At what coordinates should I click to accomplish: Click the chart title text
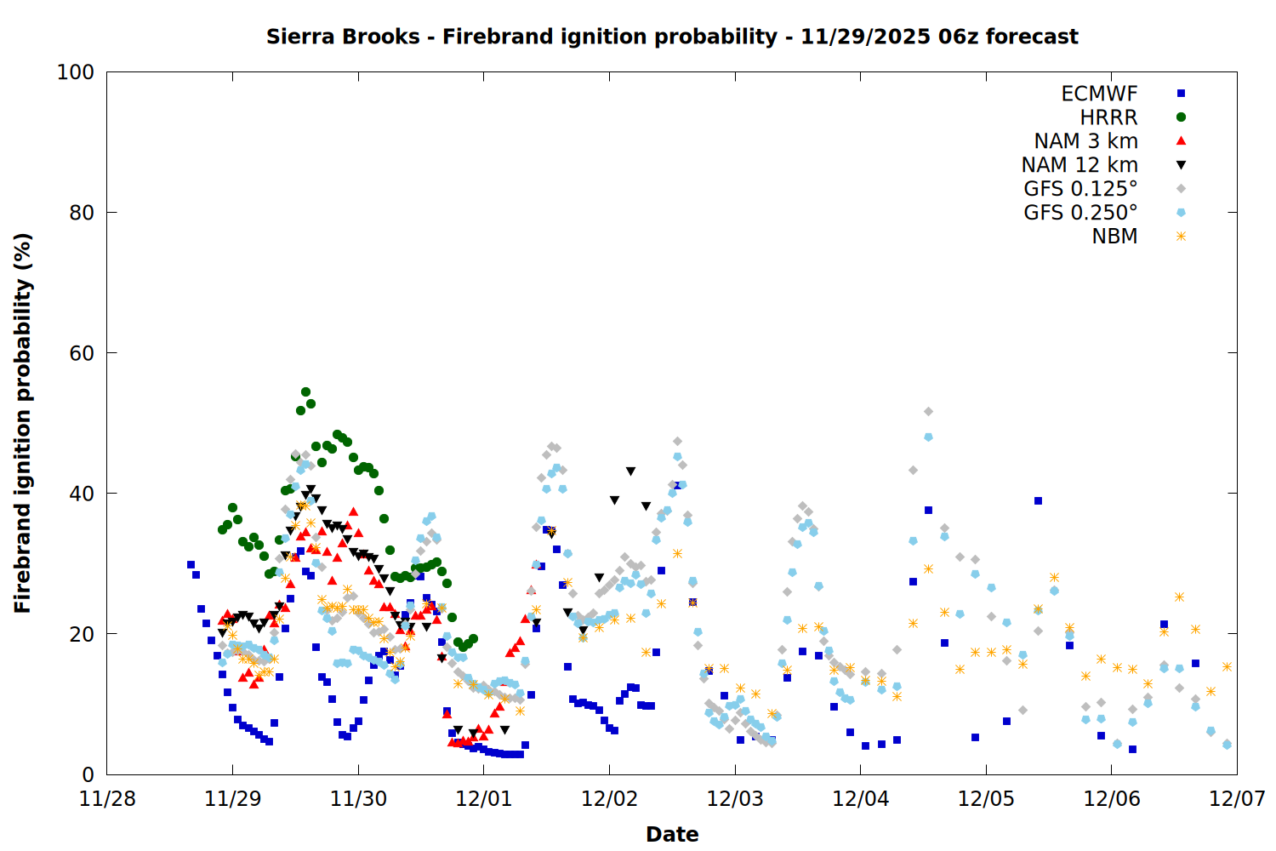[x=672, y=37]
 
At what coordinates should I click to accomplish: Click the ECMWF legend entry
[x=1099, y=94]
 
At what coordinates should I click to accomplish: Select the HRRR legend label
[x=1108, y=117]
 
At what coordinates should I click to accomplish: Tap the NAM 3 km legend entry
[x=1085, y=141]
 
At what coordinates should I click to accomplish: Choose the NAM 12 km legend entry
[x=1079, y=165]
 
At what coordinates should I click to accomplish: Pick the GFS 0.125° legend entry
[x=1080, y=189]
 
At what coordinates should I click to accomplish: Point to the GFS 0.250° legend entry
[x=1080, y=213]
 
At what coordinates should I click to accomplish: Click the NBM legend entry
[x=1114, y=237]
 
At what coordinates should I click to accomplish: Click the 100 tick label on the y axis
[x=76, y=72]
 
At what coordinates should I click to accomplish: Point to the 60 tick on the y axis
[x=82, y=353]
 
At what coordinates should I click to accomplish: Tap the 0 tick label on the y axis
[x=88, y=774]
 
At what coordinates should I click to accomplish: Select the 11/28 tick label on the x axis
[x=107, y=799]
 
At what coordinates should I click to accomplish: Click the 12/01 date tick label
[x=484, y=799]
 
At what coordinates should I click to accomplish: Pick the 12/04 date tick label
[x=861, y=799]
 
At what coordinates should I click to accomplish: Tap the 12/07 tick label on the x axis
[x=1237, y=799]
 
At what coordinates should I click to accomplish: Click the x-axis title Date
[x=672, y=834]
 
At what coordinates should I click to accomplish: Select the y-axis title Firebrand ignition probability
[x=22, y=423]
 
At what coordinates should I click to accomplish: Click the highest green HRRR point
[x=305, y=392]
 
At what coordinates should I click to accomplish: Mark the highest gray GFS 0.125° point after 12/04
[x=928, y=412]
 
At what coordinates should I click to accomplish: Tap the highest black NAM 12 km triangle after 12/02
[x=630, y=471]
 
